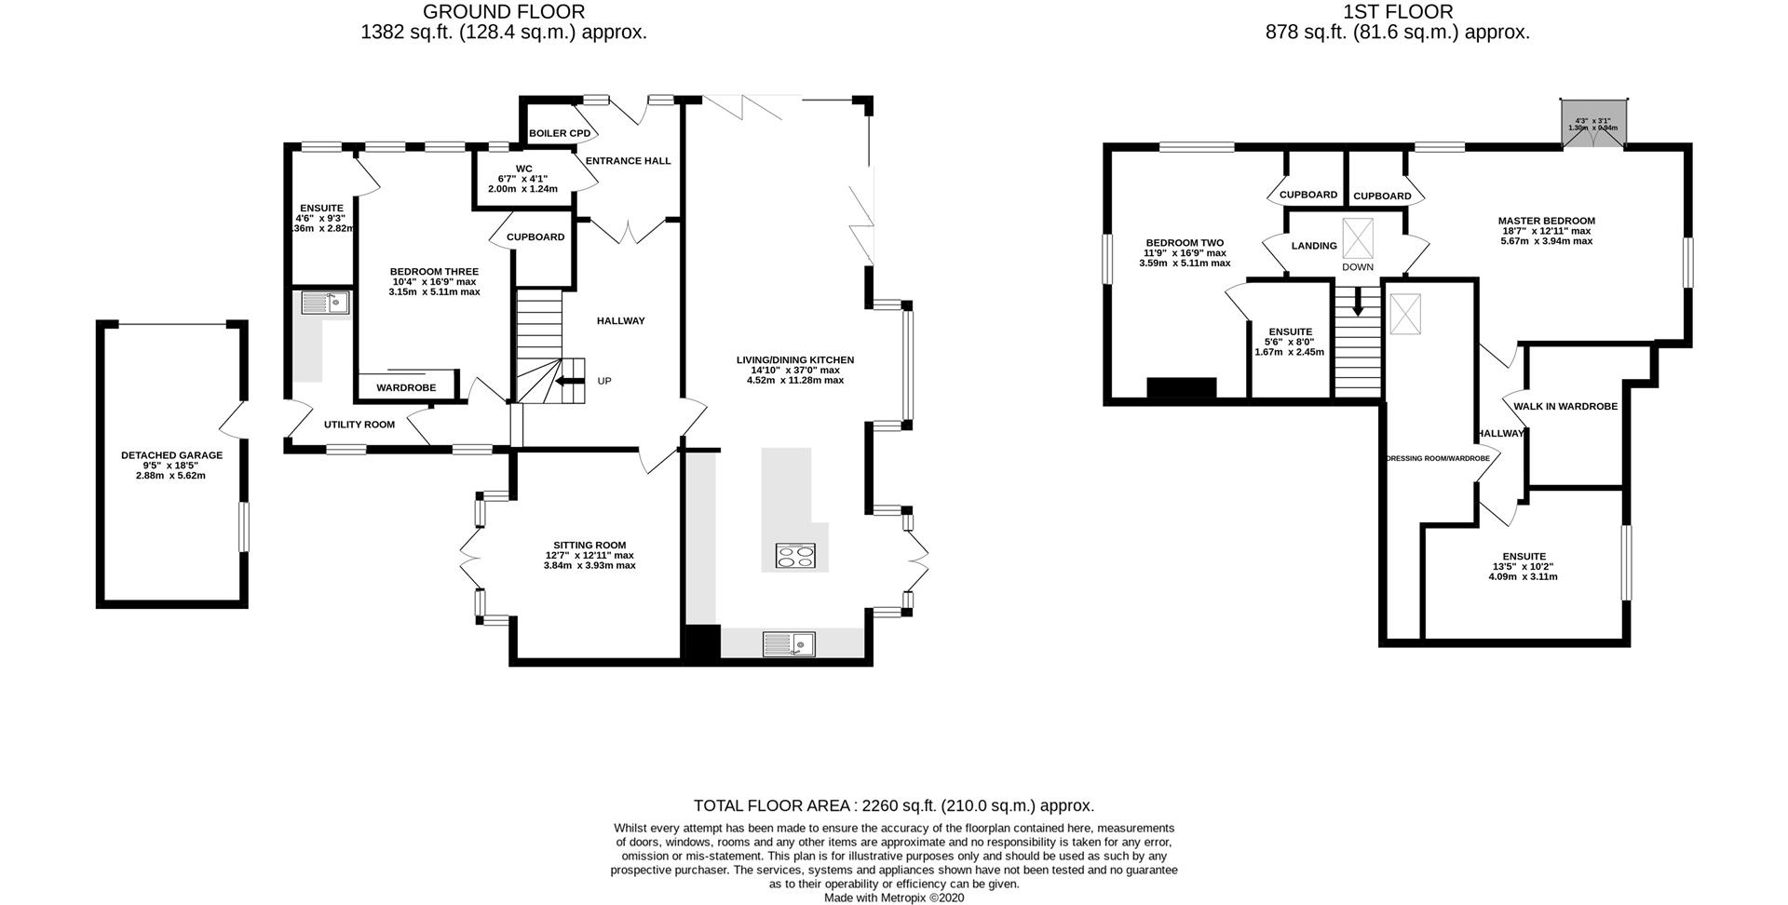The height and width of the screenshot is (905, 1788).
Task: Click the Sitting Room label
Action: coord(589,546)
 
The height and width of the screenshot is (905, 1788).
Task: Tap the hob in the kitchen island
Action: coord(794,557)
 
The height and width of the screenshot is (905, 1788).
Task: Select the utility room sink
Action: coord(325,303)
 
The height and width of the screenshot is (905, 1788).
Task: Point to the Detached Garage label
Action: coord(171,455)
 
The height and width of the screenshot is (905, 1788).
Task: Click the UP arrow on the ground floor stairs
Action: coord(565,381)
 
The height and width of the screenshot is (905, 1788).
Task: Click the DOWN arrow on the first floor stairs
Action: coord(1357,301)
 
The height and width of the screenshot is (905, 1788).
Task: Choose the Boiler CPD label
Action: coord(559,133)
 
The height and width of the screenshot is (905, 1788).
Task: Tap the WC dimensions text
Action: coord(522,183)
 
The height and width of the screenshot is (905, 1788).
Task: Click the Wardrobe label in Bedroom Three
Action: coord(406,387)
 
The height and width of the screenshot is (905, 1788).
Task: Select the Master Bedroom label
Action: coord(1546,221)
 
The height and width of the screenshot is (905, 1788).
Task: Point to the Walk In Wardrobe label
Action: coord(1564,406)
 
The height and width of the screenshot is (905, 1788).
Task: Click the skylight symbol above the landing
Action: coord(1357,238)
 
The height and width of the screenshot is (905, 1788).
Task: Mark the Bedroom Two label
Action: coord(1185,243)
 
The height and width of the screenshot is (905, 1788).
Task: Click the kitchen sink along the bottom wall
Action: coord(788,643)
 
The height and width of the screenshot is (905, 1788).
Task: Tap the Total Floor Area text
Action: coord(893,805)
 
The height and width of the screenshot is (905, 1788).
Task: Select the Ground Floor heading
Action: coord(503,12)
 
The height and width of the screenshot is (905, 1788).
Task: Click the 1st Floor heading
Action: coord(1397,12)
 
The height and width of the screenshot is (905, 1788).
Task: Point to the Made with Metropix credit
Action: coord(893,898)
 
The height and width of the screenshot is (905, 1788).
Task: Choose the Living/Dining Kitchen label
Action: coord(794,359)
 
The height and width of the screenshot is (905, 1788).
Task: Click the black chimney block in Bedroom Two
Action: coord(1181,387)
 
